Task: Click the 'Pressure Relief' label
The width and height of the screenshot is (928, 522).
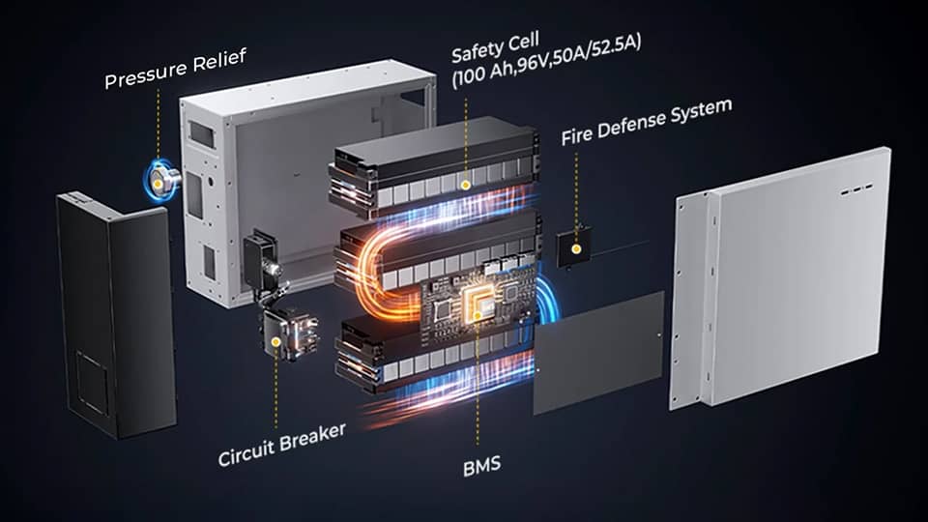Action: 175,69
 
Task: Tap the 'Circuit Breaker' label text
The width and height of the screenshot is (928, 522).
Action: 281,445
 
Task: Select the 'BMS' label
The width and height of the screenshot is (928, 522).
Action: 481,466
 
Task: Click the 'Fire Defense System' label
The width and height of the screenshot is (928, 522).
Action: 647,122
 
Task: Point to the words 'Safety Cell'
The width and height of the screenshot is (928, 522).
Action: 495,47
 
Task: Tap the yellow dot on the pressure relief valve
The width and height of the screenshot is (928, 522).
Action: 159,184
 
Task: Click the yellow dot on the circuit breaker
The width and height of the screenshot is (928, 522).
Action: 275,342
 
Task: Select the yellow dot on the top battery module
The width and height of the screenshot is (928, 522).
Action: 465,186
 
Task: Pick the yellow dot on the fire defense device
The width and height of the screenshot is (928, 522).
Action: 576,249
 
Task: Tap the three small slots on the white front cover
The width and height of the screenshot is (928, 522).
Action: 856,190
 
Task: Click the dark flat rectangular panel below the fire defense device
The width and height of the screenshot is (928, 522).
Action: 598,353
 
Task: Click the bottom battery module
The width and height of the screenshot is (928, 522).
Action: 435,354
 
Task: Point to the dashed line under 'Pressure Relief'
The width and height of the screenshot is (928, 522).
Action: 159,132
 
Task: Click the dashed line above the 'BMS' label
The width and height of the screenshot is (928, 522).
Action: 478,382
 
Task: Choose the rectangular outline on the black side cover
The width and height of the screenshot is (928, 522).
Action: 93,382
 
